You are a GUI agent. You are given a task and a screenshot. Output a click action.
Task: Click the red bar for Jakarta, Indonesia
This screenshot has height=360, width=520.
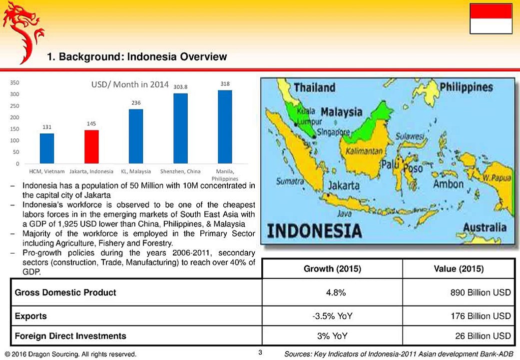click(91, 146)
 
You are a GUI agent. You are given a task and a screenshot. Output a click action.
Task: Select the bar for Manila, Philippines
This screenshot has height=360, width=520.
click(225, 126)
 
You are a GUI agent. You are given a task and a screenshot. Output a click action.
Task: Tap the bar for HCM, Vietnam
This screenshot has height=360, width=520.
click(47, 148)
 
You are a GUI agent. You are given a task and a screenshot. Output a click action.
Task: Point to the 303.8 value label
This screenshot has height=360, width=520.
click(180, 87)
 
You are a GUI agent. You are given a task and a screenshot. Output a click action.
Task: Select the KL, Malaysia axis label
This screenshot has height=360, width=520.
click(136, 171)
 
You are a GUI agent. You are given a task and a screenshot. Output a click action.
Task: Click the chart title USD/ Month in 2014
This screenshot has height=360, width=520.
click(130, 84)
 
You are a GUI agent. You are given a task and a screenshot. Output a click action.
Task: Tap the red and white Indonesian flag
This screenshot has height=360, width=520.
click(491, 18)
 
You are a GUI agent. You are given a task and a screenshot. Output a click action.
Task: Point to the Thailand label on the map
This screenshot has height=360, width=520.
click(314, 87)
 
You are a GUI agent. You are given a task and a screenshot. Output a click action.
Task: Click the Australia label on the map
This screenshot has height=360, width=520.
click(485, 227)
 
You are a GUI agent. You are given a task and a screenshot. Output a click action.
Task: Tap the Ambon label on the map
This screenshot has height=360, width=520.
click(448, 184)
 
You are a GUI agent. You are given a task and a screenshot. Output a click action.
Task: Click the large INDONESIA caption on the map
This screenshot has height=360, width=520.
click(315, 231)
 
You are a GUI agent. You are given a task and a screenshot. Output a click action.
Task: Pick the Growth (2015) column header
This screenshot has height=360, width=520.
click(332, 269)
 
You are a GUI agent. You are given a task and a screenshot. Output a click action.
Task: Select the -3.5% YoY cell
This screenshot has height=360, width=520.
click(332, 316)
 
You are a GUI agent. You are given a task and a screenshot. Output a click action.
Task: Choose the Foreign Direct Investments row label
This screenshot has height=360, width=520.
click(70, 336)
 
